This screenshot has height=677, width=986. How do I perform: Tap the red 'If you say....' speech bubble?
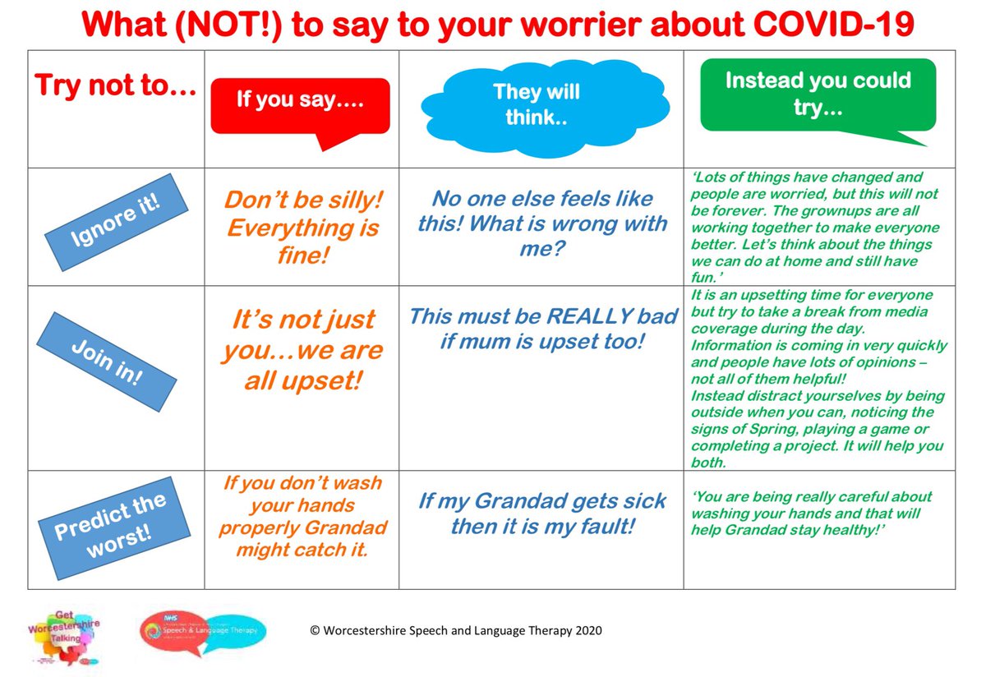300,104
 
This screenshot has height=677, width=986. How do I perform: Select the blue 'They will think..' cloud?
537,105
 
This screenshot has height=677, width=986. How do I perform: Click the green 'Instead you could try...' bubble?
817,94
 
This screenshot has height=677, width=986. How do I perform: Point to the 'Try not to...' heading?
115,85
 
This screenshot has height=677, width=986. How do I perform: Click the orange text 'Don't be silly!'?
304,200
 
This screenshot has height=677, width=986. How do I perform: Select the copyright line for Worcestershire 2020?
455,631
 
